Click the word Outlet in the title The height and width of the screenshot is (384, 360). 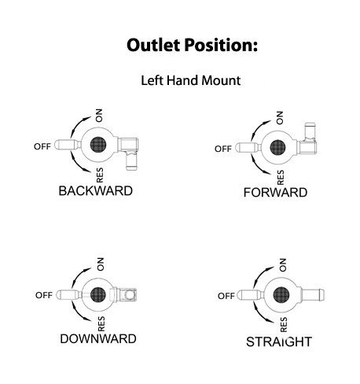click(153, 45)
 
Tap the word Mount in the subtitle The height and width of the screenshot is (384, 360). click(221, 80)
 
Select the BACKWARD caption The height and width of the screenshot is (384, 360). click(96, 190)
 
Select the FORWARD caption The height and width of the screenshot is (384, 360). click(275, 193)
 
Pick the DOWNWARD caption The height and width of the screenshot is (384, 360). click(98, 338)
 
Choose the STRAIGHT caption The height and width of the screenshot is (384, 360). click(279, 342)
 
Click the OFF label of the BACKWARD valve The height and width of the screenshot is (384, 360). click(42, 146)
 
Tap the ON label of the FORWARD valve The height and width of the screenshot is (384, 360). click(280, 118)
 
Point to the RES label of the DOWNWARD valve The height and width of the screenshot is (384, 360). click(101, 324)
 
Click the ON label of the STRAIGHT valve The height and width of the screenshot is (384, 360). click(283, 265)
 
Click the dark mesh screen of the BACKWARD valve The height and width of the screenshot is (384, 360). click(98, 145)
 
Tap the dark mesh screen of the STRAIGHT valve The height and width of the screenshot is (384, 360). click(281, 295)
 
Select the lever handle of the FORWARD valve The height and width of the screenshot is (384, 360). click(248, 148)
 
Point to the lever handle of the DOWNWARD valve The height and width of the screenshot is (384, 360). click(69, 295)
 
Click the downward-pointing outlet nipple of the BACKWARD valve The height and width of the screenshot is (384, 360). click(131, 161)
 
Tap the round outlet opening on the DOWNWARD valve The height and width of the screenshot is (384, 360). click(130, 295)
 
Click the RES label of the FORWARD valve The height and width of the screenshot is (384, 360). click(281, 177)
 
